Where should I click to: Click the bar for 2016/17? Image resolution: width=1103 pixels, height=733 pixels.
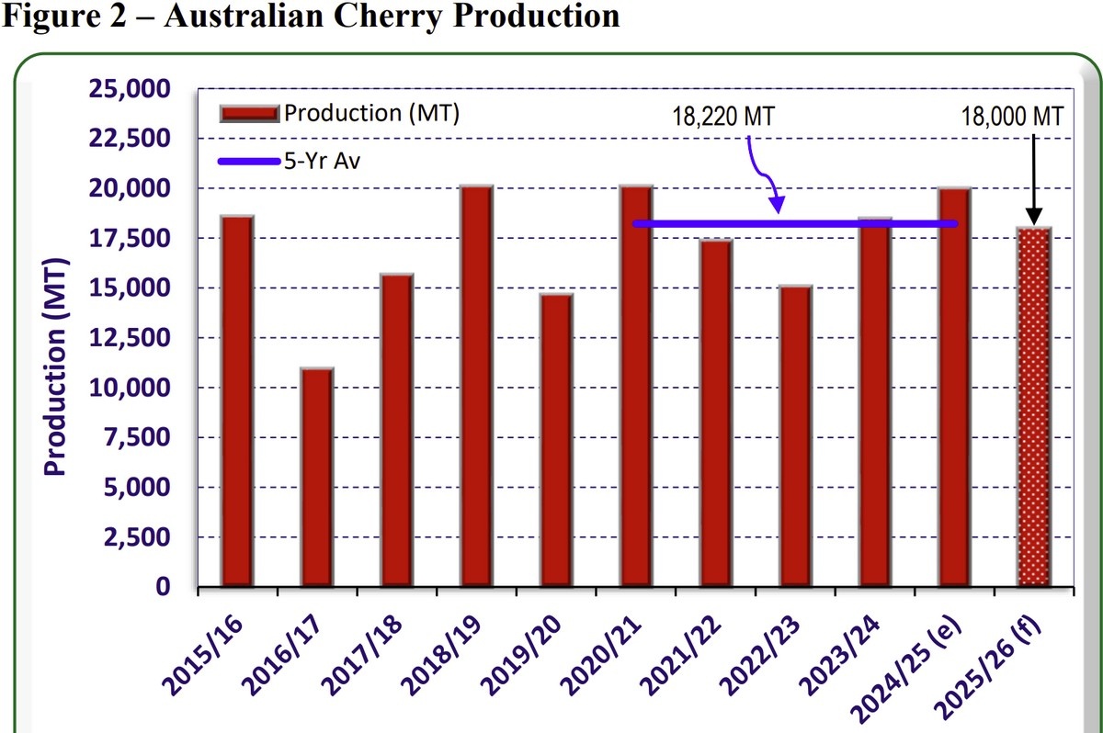(x=316, y=477)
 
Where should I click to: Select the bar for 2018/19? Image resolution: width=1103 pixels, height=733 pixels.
(x=476, y=386)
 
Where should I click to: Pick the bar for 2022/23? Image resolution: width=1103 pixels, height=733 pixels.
(x=795, y=436)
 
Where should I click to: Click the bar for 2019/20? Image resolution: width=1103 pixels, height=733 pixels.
(x=556, y=440)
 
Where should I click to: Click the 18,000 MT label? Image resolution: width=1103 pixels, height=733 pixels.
(x=1012, y=117)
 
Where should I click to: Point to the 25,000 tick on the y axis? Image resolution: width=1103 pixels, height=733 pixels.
(x=129, y=89)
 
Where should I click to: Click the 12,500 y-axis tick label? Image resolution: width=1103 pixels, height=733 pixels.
(x=129, y=338)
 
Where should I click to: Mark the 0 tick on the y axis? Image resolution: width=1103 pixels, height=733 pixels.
(x=163, y=586)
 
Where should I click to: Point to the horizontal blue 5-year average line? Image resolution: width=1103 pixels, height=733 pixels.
(x=795, y=224)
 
